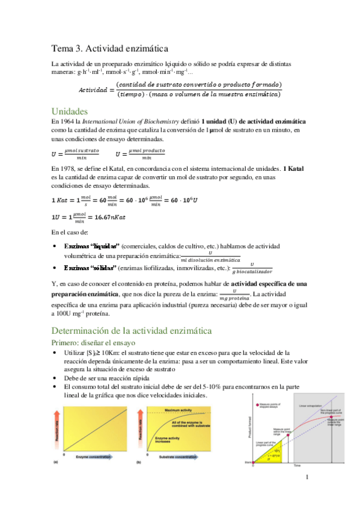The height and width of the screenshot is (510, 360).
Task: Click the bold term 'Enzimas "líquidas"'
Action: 91,246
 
